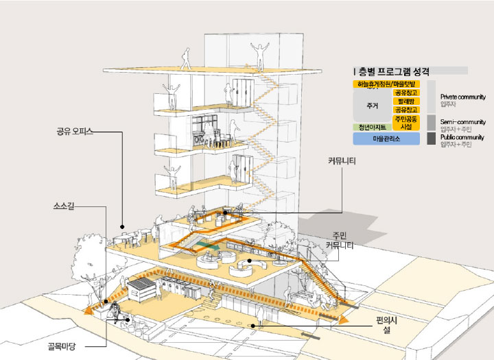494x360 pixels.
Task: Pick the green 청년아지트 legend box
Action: (x=372, y=127)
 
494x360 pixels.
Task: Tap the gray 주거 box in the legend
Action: (x=373, y=106)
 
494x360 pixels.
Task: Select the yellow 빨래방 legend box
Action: (x=405, y=101)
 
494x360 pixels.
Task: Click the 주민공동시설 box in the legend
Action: (x=405, y=122)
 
